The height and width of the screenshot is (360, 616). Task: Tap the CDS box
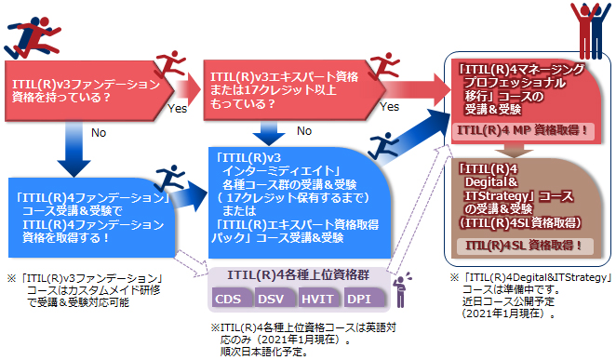[x=230, y=299]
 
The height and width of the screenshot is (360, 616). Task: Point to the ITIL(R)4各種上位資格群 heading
[x=296, y=274]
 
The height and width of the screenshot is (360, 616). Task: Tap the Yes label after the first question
[x=178, y=109]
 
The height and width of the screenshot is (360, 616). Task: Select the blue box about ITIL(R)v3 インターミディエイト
[x=296, y=199]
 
